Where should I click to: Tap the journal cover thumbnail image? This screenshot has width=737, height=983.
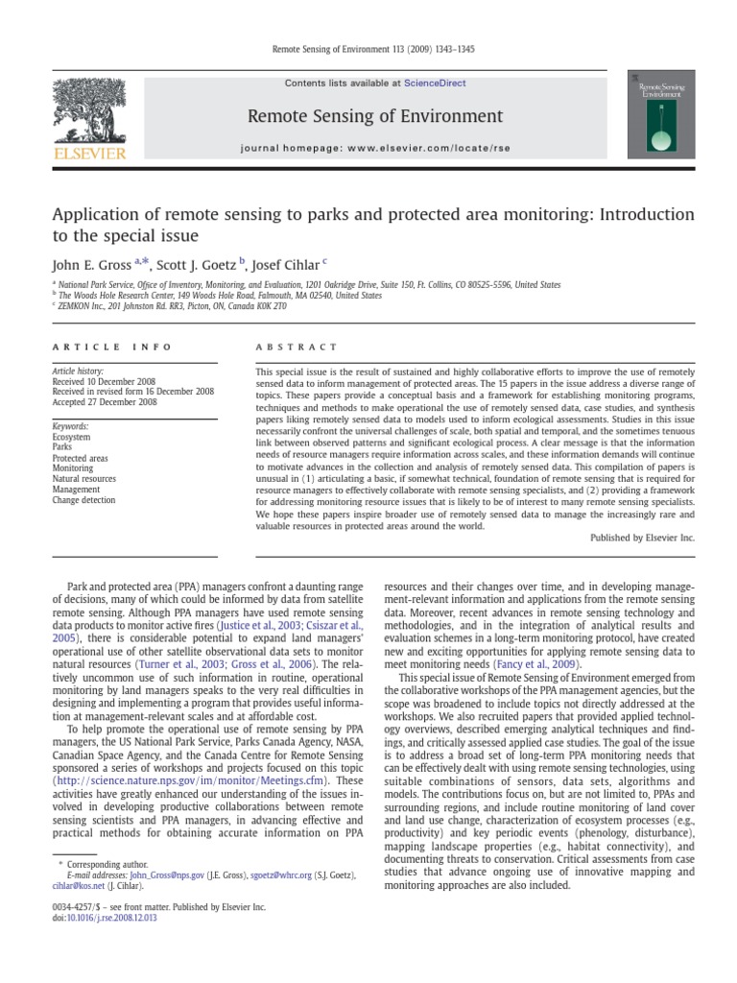[660, 114]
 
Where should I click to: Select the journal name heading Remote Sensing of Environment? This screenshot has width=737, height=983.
[374, 116]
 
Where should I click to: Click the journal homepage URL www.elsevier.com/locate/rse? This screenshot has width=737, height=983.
[419, 150]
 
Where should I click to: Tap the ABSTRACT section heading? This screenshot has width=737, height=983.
[297, 347]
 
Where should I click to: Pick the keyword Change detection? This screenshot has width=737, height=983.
[83, 500]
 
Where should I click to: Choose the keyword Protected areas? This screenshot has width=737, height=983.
[81, 458]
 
